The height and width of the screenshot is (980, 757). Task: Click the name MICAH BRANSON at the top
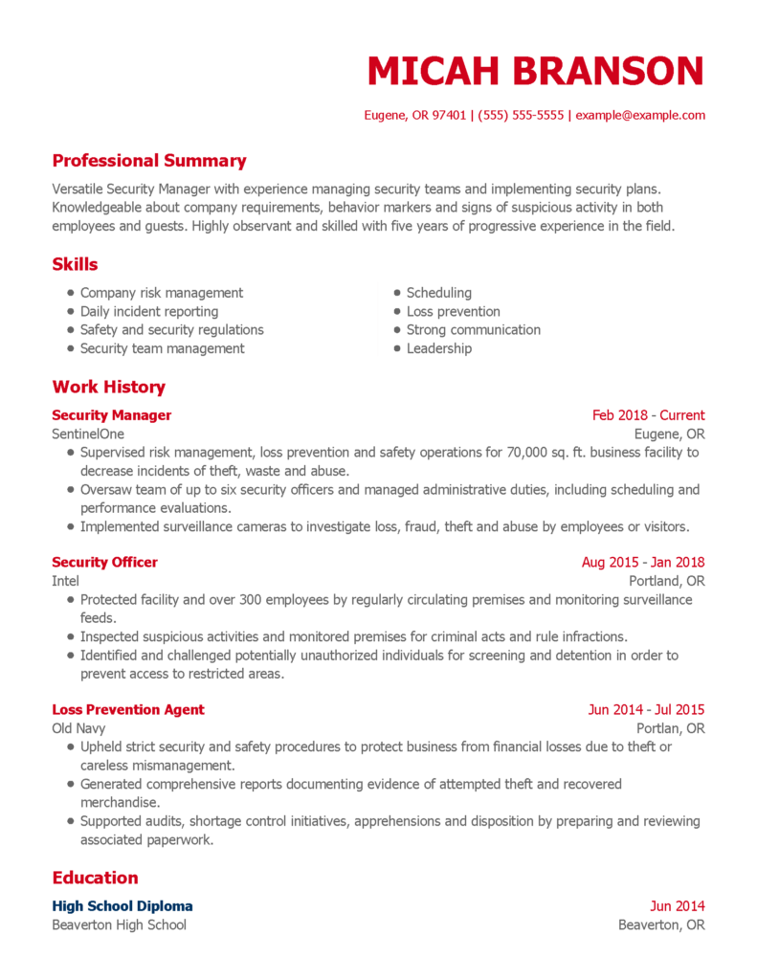click(x=535, y=72)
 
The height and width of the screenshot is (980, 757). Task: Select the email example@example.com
click(x=640, y=115)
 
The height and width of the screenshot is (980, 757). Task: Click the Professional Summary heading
click(x=148, y=161)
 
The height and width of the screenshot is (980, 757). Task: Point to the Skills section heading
click(x=75, y=264)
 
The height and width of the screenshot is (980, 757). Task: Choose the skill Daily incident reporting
click(x=148, y=311)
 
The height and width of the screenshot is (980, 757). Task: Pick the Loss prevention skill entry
click(x=453, y=311)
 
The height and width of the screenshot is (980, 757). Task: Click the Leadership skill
click(x=438, y=348)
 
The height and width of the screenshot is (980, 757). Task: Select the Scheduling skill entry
click(x=438, y=293)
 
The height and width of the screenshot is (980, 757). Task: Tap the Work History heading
click(x=108, y=387)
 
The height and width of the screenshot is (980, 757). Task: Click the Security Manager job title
click(x=111, y=415)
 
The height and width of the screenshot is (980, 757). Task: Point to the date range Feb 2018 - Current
click(x=648, y=415)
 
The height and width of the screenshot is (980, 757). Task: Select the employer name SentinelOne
click(x=88, y=434)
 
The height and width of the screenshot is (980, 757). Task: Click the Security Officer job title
click(x=104, y=563)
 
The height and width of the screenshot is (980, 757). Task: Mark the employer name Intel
click(x=65, y=581)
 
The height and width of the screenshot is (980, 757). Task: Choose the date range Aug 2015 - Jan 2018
click(x=642, y=563)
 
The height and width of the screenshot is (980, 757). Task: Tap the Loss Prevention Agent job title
click(x=127, y=710)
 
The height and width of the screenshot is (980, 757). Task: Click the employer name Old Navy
click(x=78, y=728)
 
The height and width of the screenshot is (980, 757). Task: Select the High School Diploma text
click(x=122, y=906)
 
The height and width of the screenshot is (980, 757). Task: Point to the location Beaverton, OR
click(x=661, y=924)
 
